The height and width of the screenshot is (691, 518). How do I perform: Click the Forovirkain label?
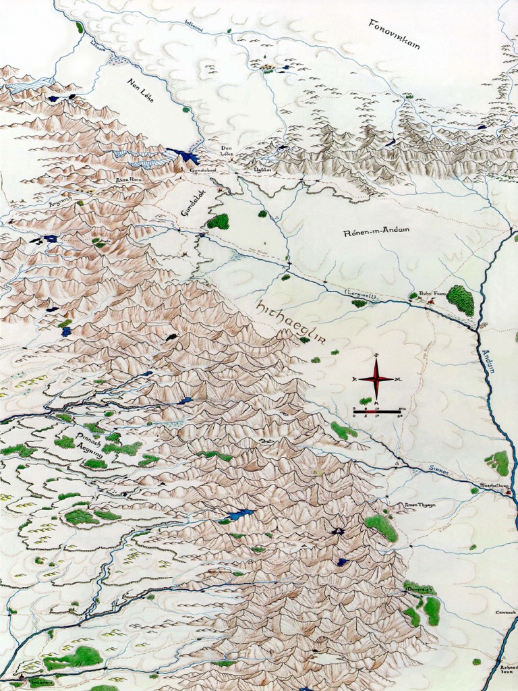tap(395, 34)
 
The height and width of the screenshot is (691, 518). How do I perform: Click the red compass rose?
tap(376, 379)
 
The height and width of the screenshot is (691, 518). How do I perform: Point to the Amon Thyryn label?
tap(420, 504)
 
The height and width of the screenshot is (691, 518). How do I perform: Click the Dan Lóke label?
tap(225, 151)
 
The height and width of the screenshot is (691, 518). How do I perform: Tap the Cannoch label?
tap(505, 613)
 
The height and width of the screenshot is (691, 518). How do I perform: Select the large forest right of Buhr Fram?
tap(461, 300)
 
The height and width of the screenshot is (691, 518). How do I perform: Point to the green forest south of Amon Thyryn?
tap(381, 527)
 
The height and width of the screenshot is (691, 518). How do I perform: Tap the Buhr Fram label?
tap(430, 294)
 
